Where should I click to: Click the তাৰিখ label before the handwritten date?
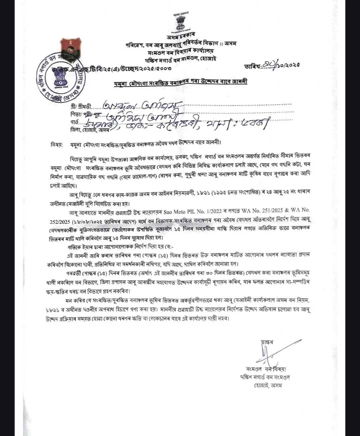click(252, 66)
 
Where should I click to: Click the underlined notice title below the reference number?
click(180, 82)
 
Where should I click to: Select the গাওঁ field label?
click(74, 122)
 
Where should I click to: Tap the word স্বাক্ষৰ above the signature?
click(267, 342)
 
